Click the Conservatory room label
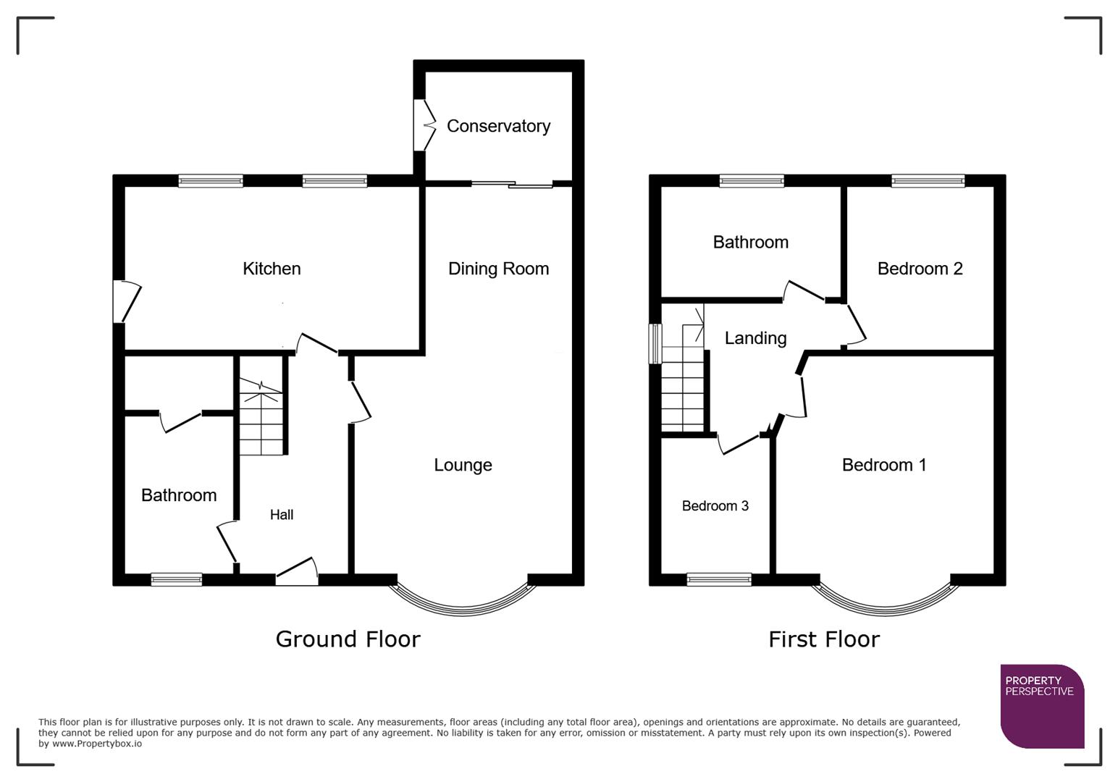(498, 126)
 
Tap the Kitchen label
(272, 269)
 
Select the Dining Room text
(498, 269)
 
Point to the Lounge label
(463, 465)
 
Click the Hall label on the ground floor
(282, 515)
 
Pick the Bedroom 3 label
(715, 506)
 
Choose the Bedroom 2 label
(920, 269)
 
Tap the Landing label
(755, 338)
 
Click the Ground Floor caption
(348, 639)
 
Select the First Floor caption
(824, 639)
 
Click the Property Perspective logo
(1042, 706)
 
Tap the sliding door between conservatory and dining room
(511, 185)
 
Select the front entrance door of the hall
(297, 572)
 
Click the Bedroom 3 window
(719, 579)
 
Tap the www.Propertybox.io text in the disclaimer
(96, 744)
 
